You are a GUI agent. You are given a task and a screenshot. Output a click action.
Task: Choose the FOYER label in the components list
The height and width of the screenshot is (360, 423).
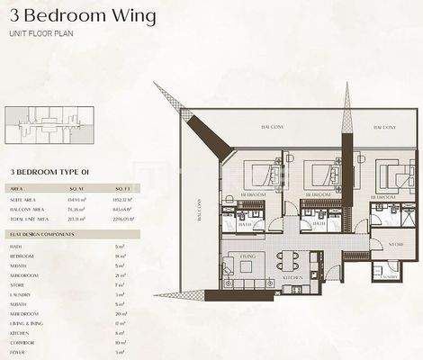(x=18, y=354)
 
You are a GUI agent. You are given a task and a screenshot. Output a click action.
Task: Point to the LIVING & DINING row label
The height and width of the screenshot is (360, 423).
(x=30, y=321)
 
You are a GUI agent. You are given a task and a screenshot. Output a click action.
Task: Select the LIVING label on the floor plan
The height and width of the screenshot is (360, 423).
(x=246, y=257)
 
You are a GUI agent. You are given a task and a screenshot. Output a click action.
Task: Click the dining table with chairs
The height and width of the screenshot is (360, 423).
(x=287, y=261)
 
